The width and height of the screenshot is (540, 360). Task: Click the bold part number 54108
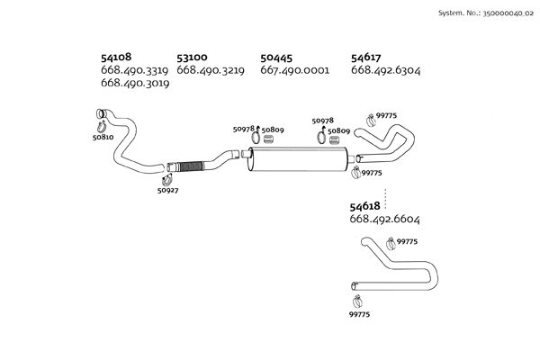click(x=118, y=57)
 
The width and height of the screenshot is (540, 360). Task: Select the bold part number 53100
click(x=193, y=57)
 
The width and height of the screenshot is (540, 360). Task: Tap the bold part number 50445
click(x=277, y=57)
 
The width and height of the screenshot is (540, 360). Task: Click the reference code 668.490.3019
click(x=136, y=83)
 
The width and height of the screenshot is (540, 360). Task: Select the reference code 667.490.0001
click(x=294, y=69)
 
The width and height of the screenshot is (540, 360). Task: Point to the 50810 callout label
click(x=103, y=138)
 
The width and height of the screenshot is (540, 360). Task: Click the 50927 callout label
click(x=167, y=191)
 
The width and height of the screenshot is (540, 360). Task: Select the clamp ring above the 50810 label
click(x=100, y=124)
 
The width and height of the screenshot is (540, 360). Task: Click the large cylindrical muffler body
click(x=300, y=164)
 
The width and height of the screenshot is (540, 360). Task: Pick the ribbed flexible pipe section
click(x=186, y=166)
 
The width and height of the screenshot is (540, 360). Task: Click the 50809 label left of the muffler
click(x=273, y=130)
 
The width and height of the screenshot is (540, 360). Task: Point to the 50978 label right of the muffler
click(x=323, y=121)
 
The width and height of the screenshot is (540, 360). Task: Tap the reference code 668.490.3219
click(x=211, y=69)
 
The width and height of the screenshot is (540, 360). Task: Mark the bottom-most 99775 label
click(x=359, y=313)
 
